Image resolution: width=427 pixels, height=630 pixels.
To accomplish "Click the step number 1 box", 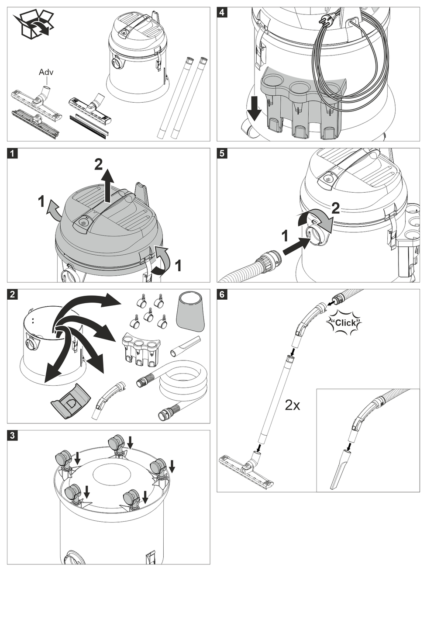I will (12, 153).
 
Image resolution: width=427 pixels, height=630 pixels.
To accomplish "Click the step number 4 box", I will (222, 12).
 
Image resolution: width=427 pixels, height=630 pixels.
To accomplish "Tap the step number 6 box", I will (222, 294).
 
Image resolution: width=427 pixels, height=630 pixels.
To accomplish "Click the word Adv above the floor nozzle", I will (46, 72).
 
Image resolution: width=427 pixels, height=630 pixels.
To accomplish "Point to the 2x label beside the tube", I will (292, 405).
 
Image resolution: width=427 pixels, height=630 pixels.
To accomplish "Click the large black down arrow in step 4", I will (254, 109).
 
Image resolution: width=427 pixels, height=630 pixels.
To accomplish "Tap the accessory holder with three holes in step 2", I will (141, 347).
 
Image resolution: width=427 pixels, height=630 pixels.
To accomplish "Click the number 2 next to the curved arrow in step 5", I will (335, 208).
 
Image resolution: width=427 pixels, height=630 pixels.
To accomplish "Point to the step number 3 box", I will (12, 436).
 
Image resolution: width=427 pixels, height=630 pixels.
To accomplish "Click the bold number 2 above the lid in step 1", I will (99, 164).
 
